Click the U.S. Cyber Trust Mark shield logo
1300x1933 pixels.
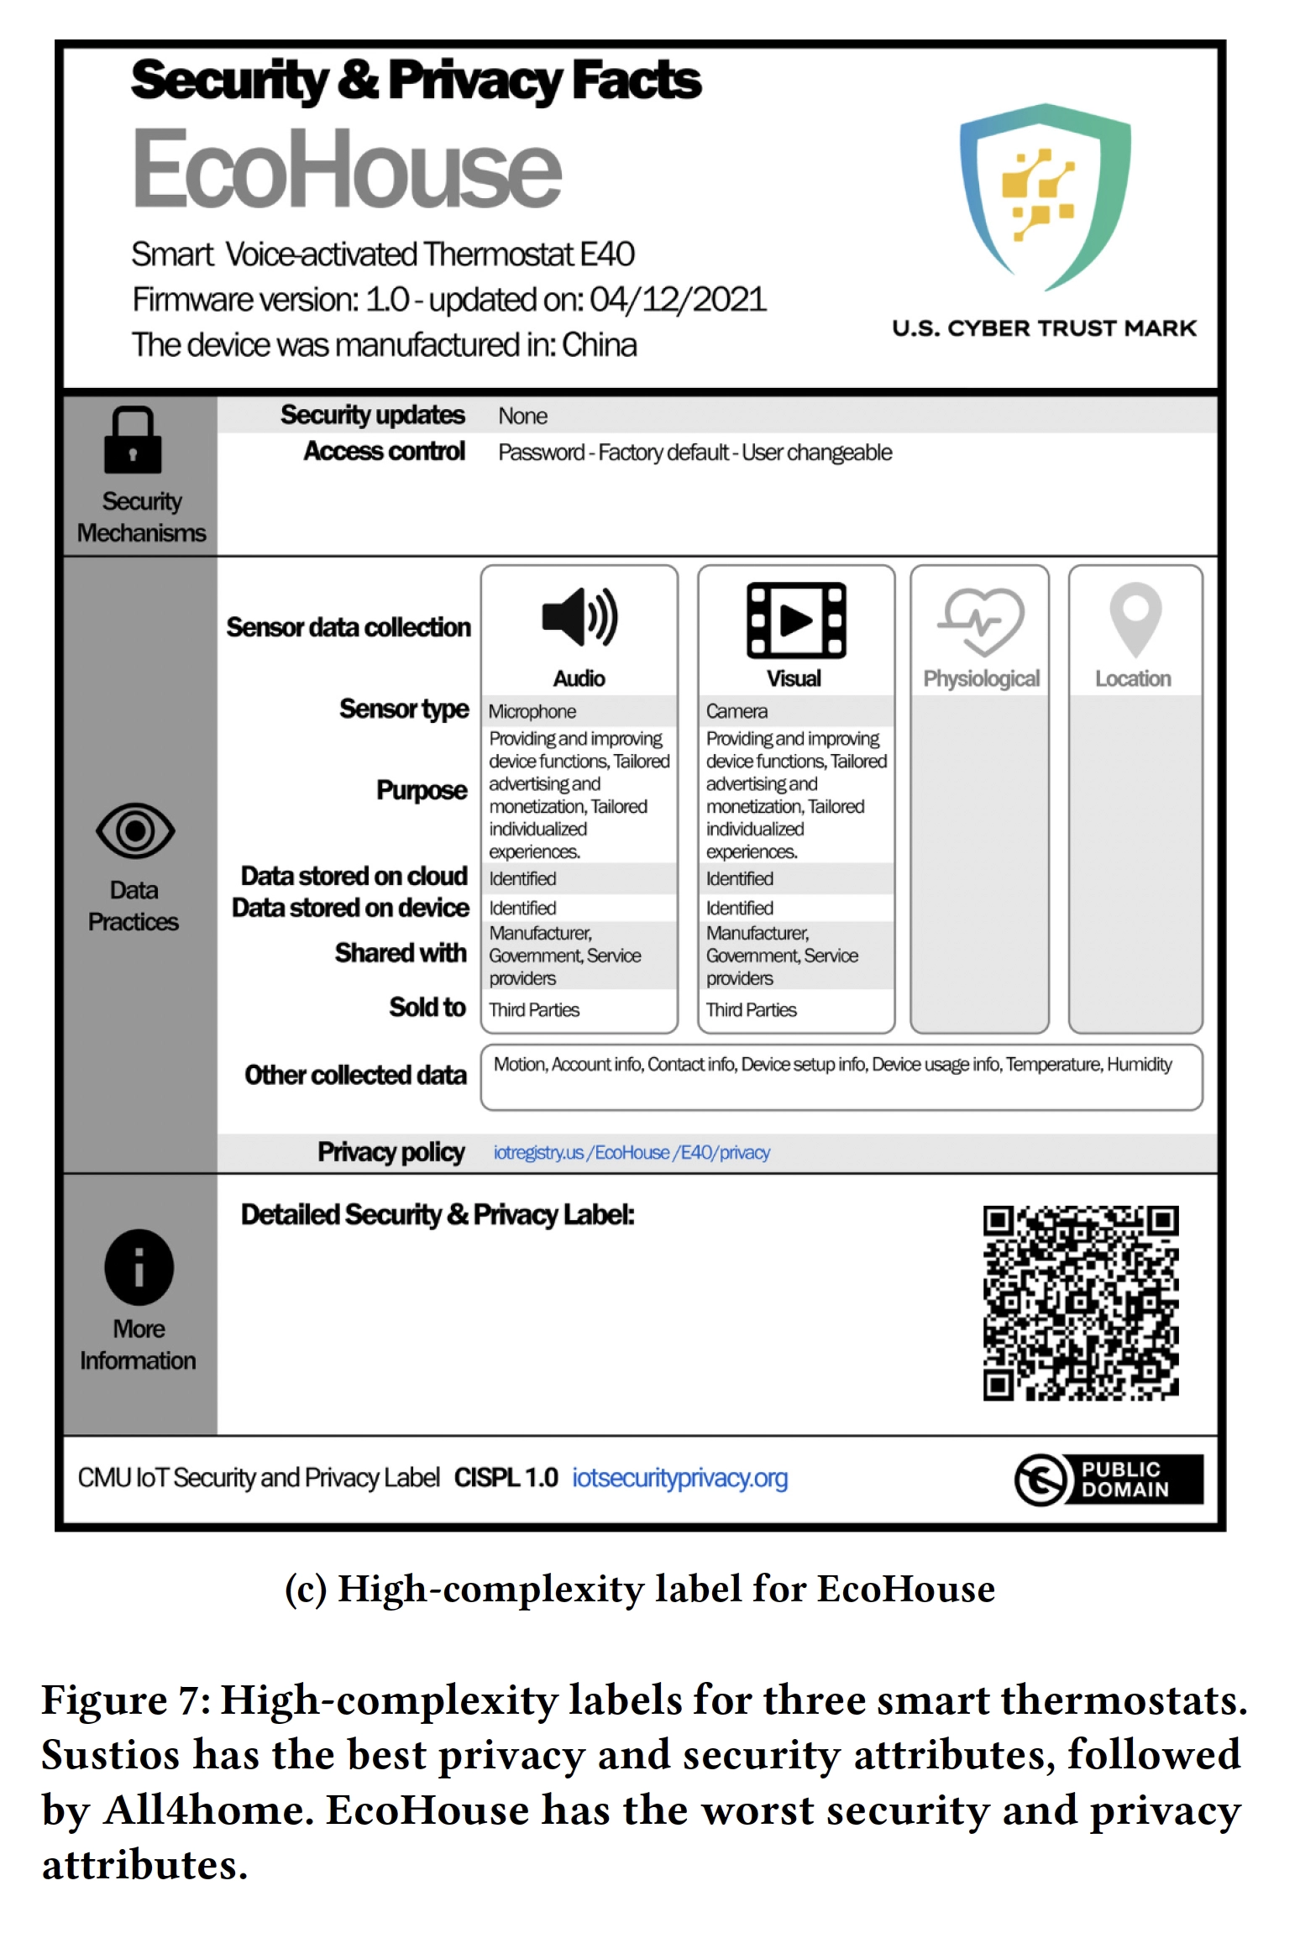click(x=1045, y=196)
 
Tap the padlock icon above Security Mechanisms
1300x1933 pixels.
click(x=133, y=440)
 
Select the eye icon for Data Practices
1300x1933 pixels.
click(x=135, y=830)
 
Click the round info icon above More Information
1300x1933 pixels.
click(x=139, y=1266)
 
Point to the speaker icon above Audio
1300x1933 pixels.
click(x=579, y=617)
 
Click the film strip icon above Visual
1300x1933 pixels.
click(x=796, y=620)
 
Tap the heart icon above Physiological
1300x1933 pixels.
click(x=980, y=621)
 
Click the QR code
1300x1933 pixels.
click(x=1081, y=1303)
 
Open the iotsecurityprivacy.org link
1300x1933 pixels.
click(x=679, y=1477)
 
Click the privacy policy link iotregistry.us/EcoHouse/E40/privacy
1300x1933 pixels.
click(x=632, y=1152)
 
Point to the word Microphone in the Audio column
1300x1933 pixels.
click(x=532, y=711)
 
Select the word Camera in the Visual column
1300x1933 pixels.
click(x=736, y=711)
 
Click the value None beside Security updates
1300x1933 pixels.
click(x=522, y=416)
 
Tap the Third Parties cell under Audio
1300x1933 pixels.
click(x=534, y=1009)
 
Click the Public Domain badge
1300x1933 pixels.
click(x=1109, y=1479)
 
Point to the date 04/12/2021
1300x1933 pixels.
click(x=678, y=300)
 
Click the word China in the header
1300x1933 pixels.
click(x=599, y=345)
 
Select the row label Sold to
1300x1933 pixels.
click(x=427, y=1007)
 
